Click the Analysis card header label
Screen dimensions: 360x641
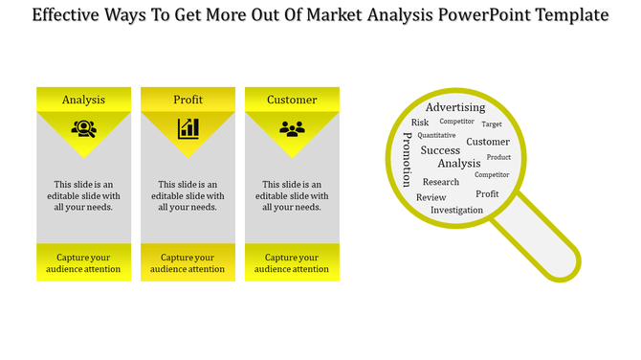[x=83, y=100]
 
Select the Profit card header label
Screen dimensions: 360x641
[x=188, y=100]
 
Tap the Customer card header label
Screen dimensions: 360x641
[x=292, y=100]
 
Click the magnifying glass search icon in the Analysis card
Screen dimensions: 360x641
[x=83, y=128]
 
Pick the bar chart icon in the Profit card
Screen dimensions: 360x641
[x=188, y=128]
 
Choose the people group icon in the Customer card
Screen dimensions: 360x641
[x=292, y=128]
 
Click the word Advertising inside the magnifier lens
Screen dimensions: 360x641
[x=455, y=107]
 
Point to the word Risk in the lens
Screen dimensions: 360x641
[x=420, y=123]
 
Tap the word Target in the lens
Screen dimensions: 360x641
[x=492, y=124]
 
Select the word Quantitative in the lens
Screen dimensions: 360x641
[x=436, y=136]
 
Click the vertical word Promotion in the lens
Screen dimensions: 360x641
[x=407, y=159]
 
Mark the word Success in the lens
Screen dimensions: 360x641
[x=440, y=150]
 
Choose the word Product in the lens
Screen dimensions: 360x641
[x=498, y=157]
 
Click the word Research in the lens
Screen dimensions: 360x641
[x=441, y=182]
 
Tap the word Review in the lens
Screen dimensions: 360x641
[x=431, y=197]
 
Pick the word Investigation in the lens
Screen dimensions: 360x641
[x=456, y=210]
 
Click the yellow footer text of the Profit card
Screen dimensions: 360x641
[x=188, y=263]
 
